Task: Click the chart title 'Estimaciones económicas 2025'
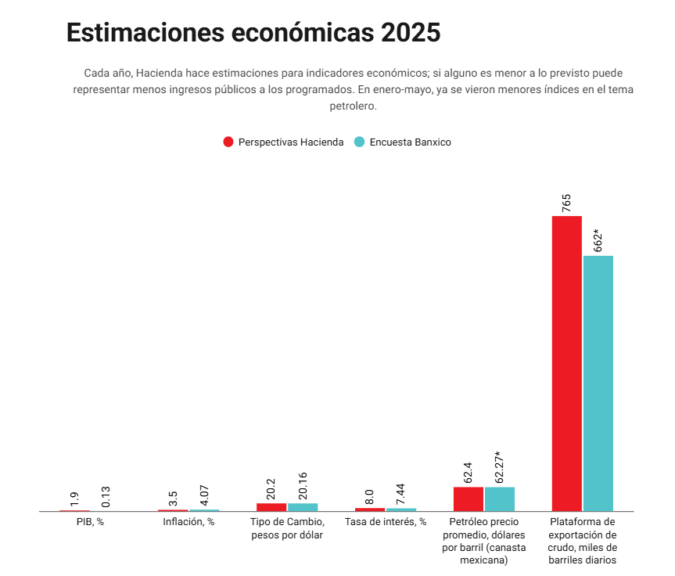253,34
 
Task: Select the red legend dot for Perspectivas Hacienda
228,142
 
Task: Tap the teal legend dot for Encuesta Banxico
359,142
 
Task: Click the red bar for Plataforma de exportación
566,363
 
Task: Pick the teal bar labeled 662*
598,383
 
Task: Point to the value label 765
566,203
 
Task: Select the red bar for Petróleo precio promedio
468,499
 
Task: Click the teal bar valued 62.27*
500,499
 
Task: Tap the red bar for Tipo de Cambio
271,507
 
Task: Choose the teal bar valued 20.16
303,507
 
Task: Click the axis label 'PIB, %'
90,522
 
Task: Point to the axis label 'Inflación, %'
188,522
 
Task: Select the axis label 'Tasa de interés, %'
386,522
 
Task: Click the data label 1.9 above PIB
74,499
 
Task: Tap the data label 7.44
401,495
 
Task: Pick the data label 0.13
106,496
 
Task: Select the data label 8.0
370,497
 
